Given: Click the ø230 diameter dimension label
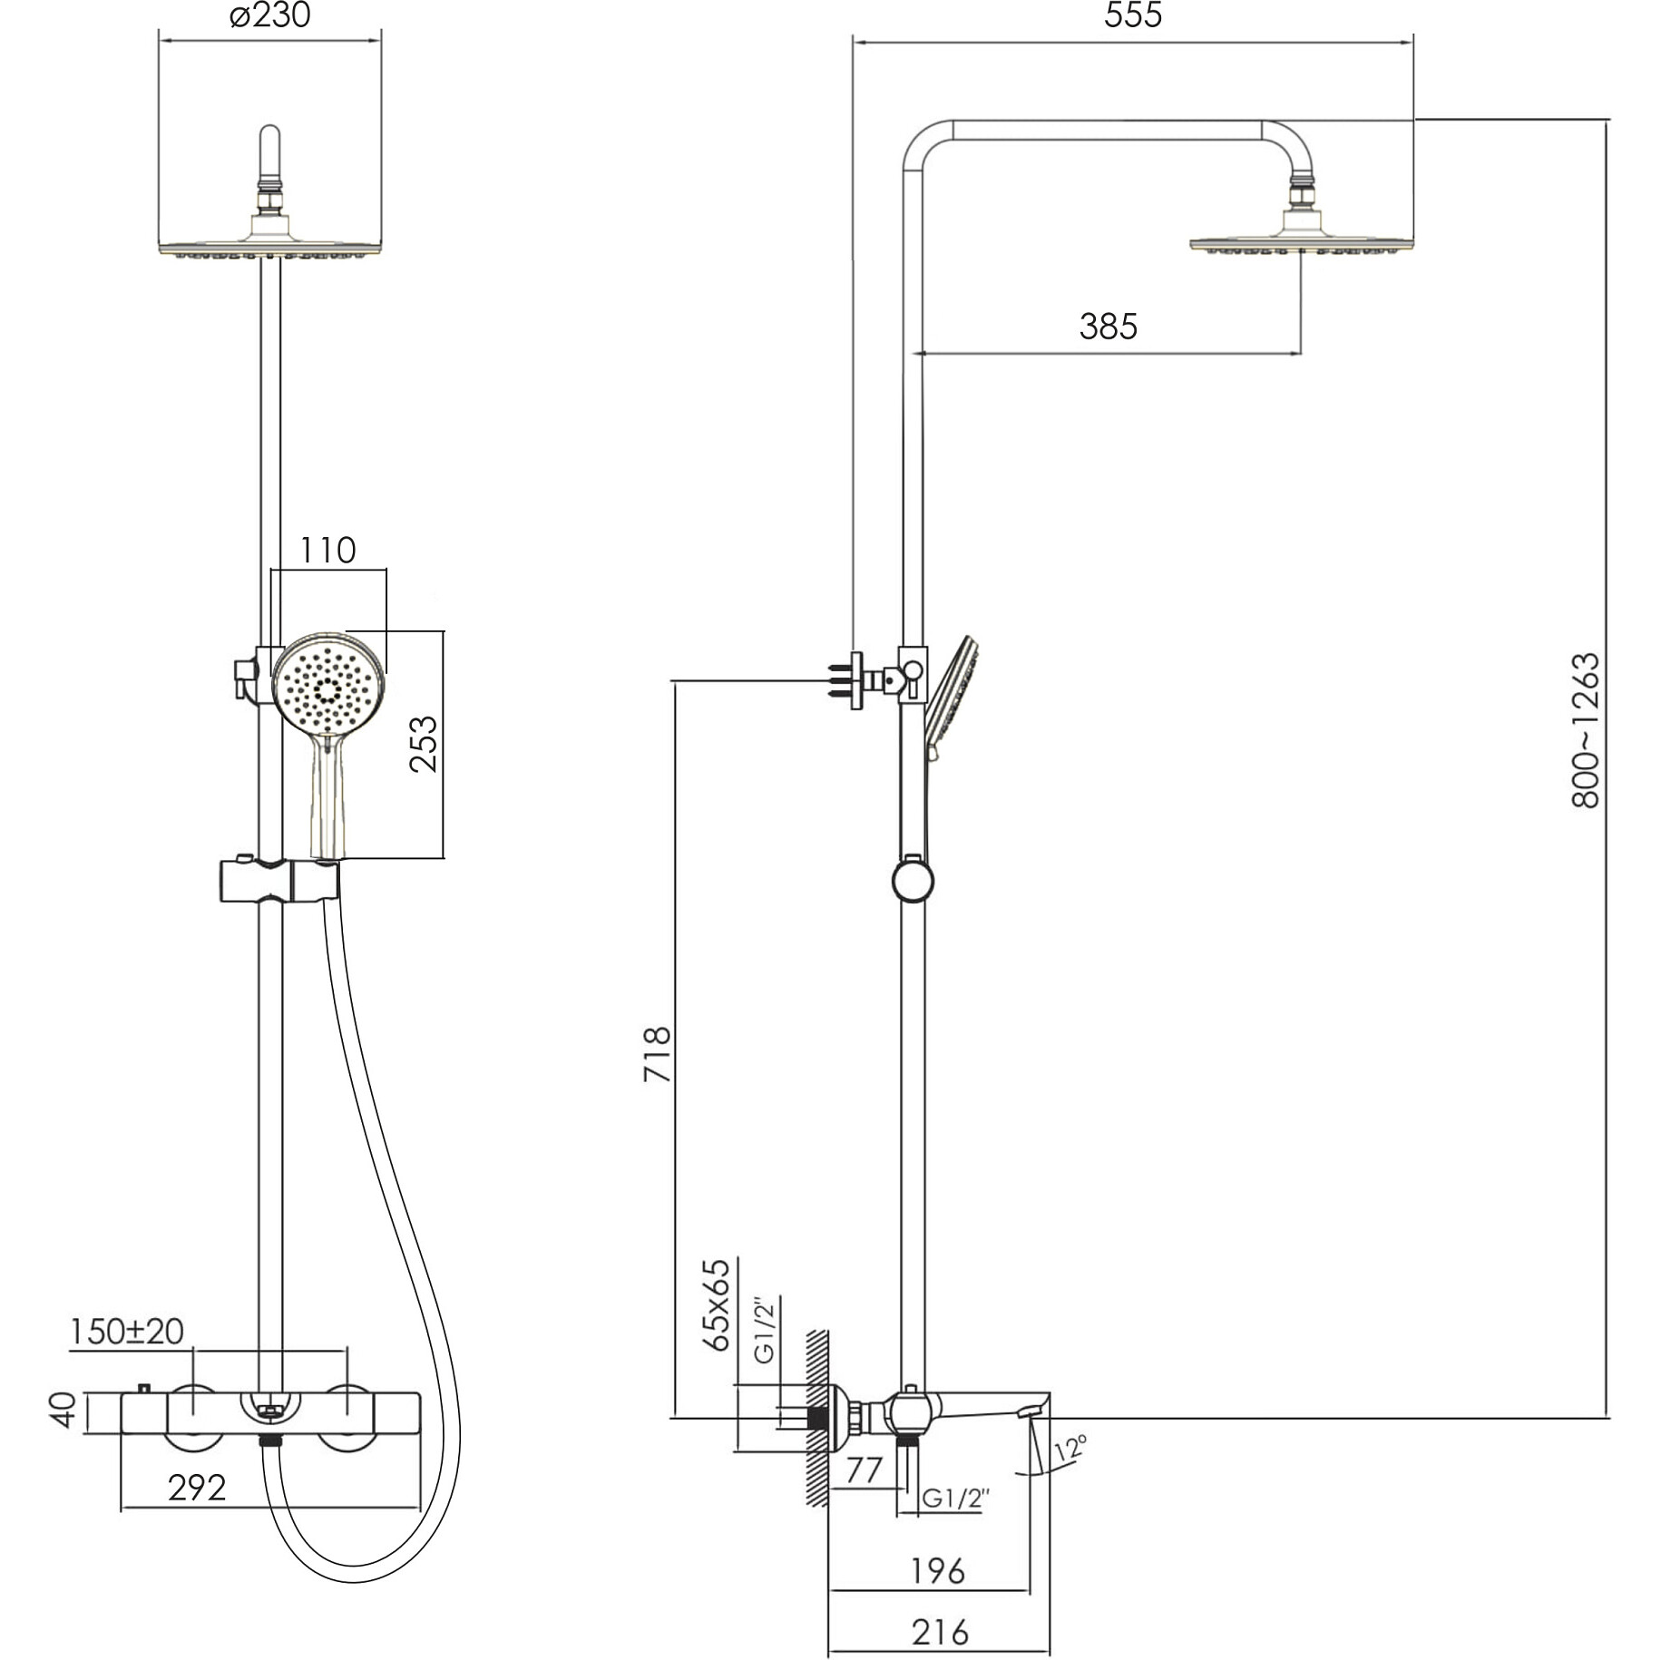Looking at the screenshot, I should click(x=269, y=16).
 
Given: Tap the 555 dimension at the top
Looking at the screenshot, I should click(x=1133, y=16).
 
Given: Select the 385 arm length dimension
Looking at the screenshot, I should click(x=1108, y=326).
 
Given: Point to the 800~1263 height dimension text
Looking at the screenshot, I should click(x=1586, y=730).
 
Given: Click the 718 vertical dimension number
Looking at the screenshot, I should click(x=657, y=1053).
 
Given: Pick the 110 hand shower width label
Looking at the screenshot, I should click(x=327, y=550).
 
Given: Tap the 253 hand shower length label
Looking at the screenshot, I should click(x=424, y=744).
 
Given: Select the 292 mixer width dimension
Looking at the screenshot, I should click(x=197, y=1487).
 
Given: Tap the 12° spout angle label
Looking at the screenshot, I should click(x=1070, y=1449).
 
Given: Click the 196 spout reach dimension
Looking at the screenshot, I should click(x=937, y=1570).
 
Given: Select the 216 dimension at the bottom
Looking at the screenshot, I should click(x=940, y=1632).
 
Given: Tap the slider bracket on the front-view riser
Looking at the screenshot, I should click(x=278, y=881).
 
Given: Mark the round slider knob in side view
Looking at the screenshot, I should click(x=913, y=882).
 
